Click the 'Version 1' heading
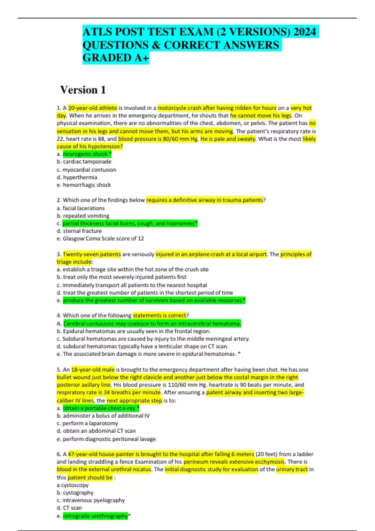point(83,90)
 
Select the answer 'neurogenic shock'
point(85,154)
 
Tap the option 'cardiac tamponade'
point(87,161)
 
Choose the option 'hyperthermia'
point(80,177)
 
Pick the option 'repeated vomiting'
point(86,216)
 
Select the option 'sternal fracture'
point(82,231)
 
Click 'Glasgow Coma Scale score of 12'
point(103,238)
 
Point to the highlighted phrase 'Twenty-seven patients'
point(92,254)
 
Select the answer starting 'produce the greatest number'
point(153,300)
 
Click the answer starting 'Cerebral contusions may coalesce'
point(152,324)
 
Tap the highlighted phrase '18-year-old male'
point(93,370)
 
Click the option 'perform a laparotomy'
point(90,423)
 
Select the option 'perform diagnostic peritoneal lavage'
point(109,439)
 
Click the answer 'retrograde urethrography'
point(95,516)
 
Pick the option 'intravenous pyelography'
point(93,500)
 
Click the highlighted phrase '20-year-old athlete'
point(92,108)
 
